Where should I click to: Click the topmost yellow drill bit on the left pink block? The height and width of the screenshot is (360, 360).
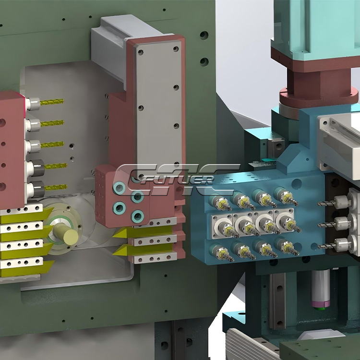52,101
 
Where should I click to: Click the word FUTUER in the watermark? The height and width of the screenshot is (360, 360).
176,180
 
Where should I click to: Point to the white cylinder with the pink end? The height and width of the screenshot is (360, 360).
321,288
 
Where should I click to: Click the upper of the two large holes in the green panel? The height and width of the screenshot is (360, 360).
204,35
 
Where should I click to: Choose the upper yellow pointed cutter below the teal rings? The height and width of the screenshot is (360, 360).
143,232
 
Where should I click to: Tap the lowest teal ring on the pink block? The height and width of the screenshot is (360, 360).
138,216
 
